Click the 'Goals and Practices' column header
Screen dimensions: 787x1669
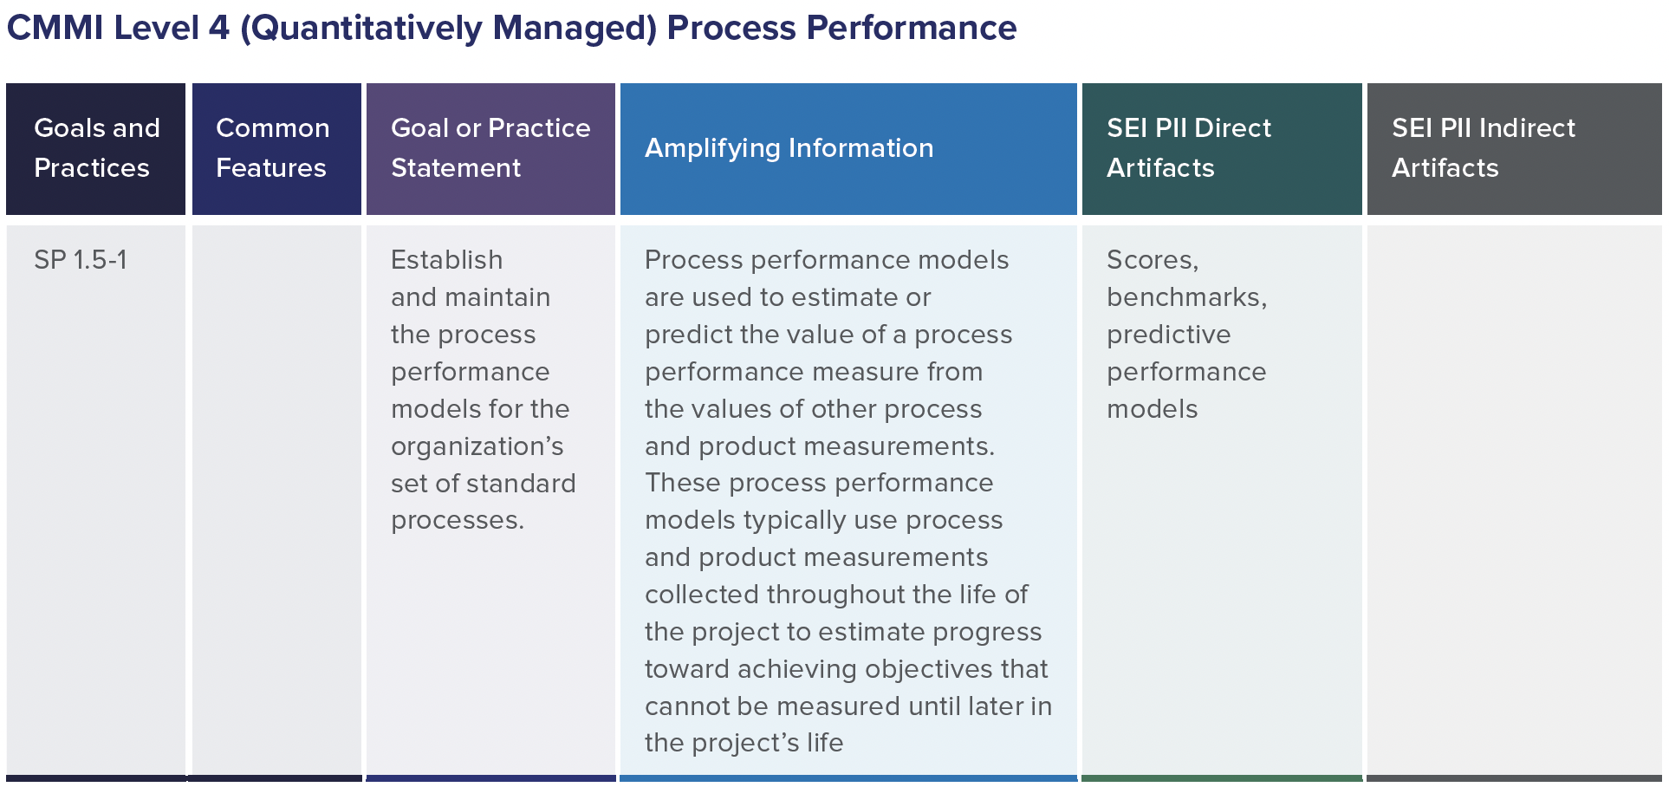point(96,148)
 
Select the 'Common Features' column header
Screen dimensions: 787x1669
point(272,148)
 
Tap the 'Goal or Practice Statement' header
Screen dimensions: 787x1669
point(490,148)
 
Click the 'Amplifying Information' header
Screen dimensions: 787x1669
point(789,148)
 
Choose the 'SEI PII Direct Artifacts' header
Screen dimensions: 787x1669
point(1188,148)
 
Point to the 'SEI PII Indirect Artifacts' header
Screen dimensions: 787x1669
point(1483,148)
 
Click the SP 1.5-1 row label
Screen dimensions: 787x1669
point(81,260)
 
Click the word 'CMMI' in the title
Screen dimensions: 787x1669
point(55,29)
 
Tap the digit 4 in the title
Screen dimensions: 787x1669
point(219,29)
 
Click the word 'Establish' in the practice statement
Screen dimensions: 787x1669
point(446,260)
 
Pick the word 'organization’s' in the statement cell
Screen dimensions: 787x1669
point(477,446)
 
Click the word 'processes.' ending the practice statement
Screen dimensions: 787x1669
point(457,520)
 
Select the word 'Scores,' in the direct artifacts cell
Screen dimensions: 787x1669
point(1153,260)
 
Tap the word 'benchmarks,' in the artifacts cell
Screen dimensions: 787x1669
point(1186,297)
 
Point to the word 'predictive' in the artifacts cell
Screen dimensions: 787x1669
point(1168,335)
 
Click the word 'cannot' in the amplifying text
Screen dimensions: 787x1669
point(687,706)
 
